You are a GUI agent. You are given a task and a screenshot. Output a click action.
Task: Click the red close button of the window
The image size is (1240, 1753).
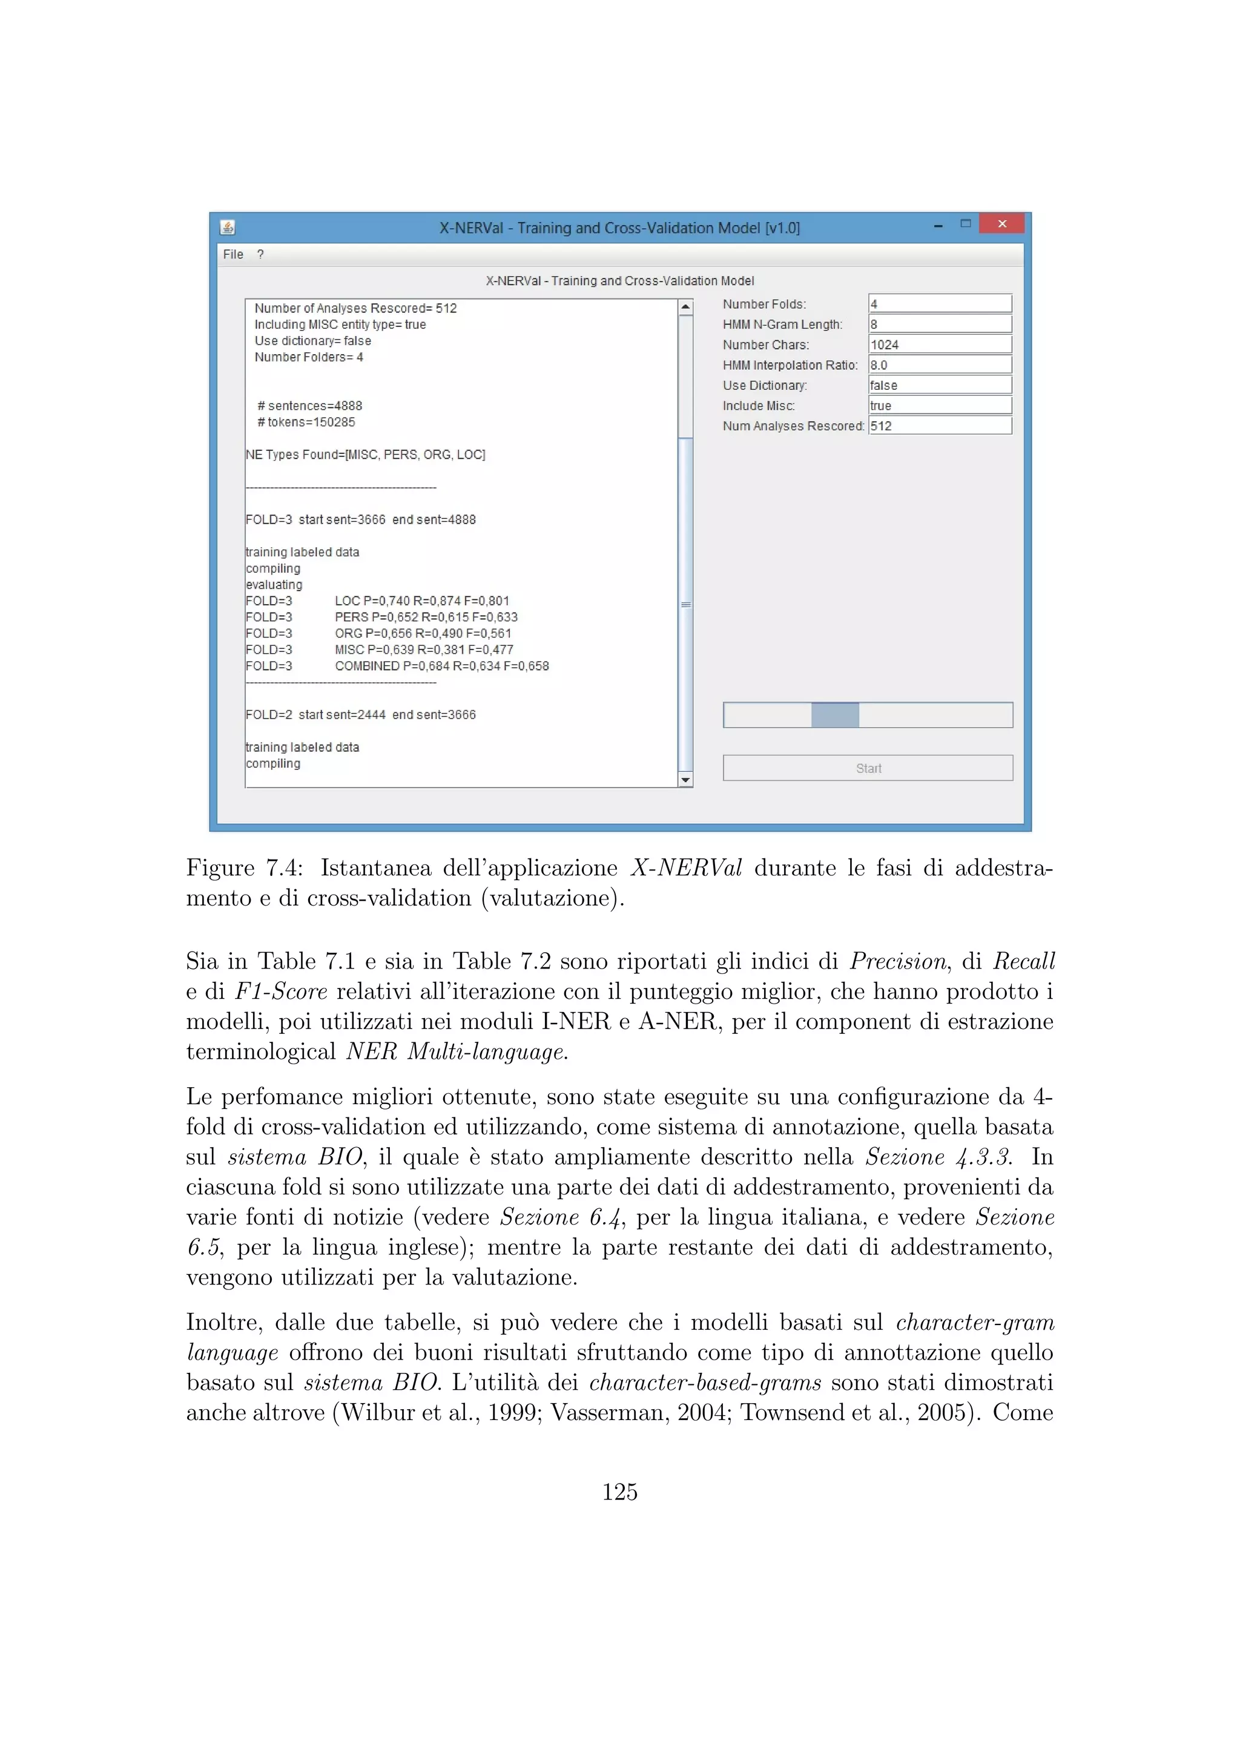(1002, 224)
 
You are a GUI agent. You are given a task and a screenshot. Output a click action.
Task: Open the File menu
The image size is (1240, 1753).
(233, 254)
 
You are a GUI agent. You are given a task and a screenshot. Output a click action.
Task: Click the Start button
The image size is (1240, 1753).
(868, 768)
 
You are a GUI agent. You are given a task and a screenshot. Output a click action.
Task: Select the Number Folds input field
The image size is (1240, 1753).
(939, 304)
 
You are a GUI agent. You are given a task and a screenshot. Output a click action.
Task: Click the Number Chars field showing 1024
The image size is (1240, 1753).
(939, 344)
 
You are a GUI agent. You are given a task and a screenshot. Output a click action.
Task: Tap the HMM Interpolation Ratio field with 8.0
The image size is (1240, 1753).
(939, 365)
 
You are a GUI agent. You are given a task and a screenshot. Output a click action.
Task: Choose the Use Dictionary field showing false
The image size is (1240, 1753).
(939, 386)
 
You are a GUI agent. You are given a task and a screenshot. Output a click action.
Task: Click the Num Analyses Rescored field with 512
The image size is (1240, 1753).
(939, 426)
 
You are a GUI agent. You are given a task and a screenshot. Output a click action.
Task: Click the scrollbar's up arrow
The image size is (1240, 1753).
(685, 307)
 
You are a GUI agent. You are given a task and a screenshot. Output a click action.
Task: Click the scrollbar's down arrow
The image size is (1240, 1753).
(685, 780)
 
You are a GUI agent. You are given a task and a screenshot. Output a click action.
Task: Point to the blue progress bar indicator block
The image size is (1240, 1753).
(834, 715)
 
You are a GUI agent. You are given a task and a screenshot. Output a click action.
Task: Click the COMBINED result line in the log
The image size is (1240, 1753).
(441, 666)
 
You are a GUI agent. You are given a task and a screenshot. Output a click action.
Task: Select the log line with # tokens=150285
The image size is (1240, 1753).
(306, 423)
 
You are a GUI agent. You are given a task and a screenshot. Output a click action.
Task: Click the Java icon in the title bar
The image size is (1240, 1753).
(228, 228)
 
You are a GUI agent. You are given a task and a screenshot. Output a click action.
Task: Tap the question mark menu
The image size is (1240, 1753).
(260, 254)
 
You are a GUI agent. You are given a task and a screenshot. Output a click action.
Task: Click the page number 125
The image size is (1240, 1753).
(619, 1491)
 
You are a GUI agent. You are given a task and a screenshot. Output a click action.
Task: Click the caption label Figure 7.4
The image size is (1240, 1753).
(243, 868)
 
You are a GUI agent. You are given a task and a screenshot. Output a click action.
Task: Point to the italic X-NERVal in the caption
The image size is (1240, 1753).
(685, 868)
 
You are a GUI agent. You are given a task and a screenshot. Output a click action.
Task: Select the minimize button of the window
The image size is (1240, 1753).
(938, 225)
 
